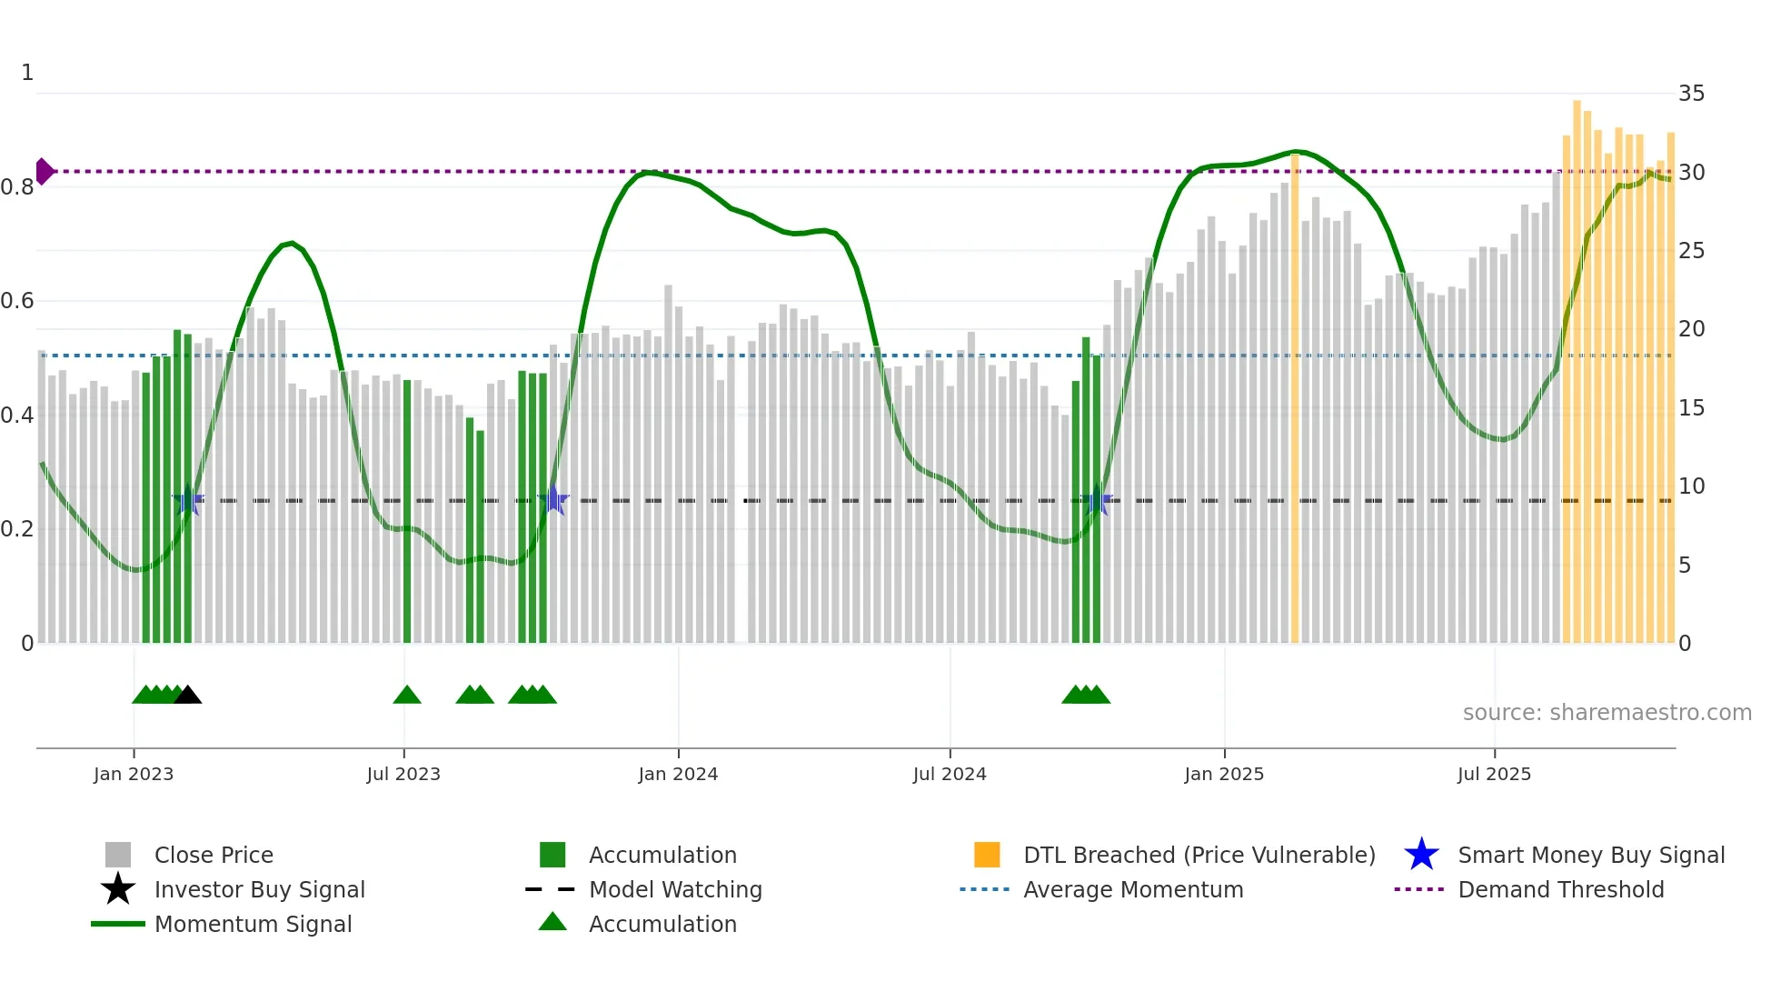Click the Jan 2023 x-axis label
click(x=134, y=774)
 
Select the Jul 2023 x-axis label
click(x=403, y=774)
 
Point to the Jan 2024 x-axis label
click(x=678, y=774)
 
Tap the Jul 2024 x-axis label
click(x=950, y=774)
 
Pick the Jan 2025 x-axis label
click(x=1224, y=774)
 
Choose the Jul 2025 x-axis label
click(x=1494, y=774)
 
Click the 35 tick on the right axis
click(x=1691, y=94)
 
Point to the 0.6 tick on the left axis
click(x=18, y=301)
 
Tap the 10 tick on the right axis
click(x=1691, y=486)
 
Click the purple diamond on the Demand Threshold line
click(x=44, y=171)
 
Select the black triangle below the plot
click(x=188, y=696)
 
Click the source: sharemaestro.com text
click(x=1607, y=713)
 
